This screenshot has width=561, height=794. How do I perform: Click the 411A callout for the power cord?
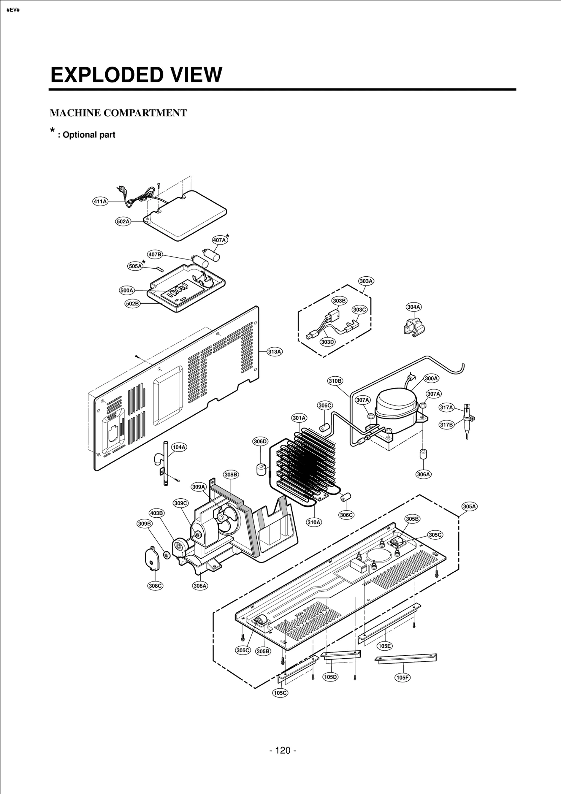coord(100,201)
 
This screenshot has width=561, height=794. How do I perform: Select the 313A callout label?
coord(275,351)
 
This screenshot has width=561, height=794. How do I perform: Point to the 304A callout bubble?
coord(414,307)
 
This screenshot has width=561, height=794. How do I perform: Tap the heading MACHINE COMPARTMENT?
coord(118,113)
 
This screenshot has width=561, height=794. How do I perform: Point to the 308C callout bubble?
coord(155,586)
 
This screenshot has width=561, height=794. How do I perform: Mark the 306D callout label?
coord(260,441)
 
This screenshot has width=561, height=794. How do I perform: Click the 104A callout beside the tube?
coord(179,447)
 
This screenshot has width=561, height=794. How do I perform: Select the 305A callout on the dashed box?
coord(469,506)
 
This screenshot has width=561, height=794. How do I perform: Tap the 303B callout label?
coord(339,301)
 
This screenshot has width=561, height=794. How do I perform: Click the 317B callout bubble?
coord(447,425)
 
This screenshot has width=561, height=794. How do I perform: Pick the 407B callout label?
coord(155,254)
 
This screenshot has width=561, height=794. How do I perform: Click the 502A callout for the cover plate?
coord(123,221)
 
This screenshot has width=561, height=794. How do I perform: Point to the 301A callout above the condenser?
coord(299,418)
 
